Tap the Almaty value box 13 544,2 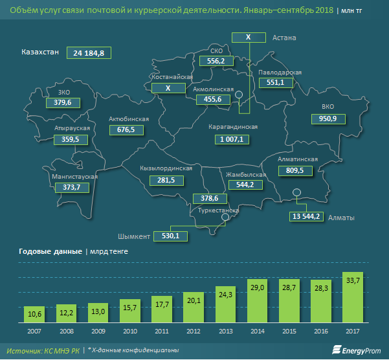coord(306,216)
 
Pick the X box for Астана coord(247,38)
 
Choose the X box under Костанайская coord(168,87)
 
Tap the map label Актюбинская coord(129,119)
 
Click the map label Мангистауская coord(74,176)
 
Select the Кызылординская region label coord(166,168)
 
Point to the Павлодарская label coord(280,72)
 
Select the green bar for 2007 coord(36,313)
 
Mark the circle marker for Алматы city coord(296,192)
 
